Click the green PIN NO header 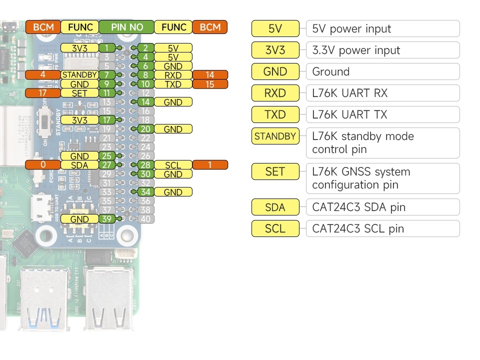click(x=126, y=27)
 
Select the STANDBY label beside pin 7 click(x=79, y=75)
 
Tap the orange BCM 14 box click(x=210, y=75)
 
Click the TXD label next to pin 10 click(x=173, y=84)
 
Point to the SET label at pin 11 click(x=79, y=93)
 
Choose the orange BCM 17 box click(x=43, y=93)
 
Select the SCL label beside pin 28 click(x=173, y=165)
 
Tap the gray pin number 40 click(x=145, y=219)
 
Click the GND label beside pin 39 click(x=79, y=219)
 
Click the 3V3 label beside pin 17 click(x=79, y=120)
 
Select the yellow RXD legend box click(x=275, y=93)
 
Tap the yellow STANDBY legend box click(x=275, y=136)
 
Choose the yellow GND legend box click(x=275, y=71)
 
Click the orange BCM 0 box click(x=43, y=165)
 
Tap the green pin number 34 click(x=145, y=192)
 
